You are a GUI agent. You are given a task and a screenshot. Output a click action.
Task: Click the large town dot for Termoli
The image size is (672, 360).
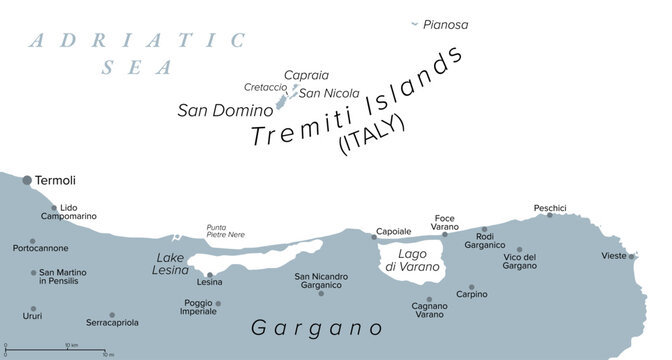tap(26, 179)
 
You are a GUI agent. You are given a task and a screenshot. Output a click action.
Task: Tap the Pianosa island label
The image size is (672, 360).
tap(445, 25)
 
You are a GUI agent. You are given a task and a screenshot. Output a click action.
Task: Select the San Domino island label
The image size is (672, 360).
tap(224, 110)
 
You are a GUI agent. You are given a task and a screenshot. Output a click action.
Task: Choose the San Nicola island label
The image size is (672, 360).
tap(329, 93)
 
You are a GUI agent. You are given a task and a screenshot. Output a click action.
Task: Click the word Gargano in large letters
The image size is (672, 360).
tap(316, 328)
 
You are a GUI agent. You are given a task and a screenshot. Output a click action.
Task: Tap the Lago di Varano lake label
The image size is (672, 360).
tap(414, 261)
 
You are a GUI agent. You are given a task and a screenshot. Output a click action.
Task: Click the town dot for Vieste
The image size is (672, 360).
tap(632, 256)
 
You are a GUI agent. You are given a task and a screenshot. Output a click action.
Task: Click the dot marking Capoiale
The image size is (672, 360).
tap(374, 237)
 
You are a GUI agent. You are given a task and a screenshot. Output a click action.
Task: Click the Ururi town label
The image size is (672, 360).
tap(33, 321)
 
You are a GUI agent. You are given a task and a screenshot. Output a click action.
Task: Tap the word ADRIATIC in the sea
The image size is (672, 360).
tap(137, 41)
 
